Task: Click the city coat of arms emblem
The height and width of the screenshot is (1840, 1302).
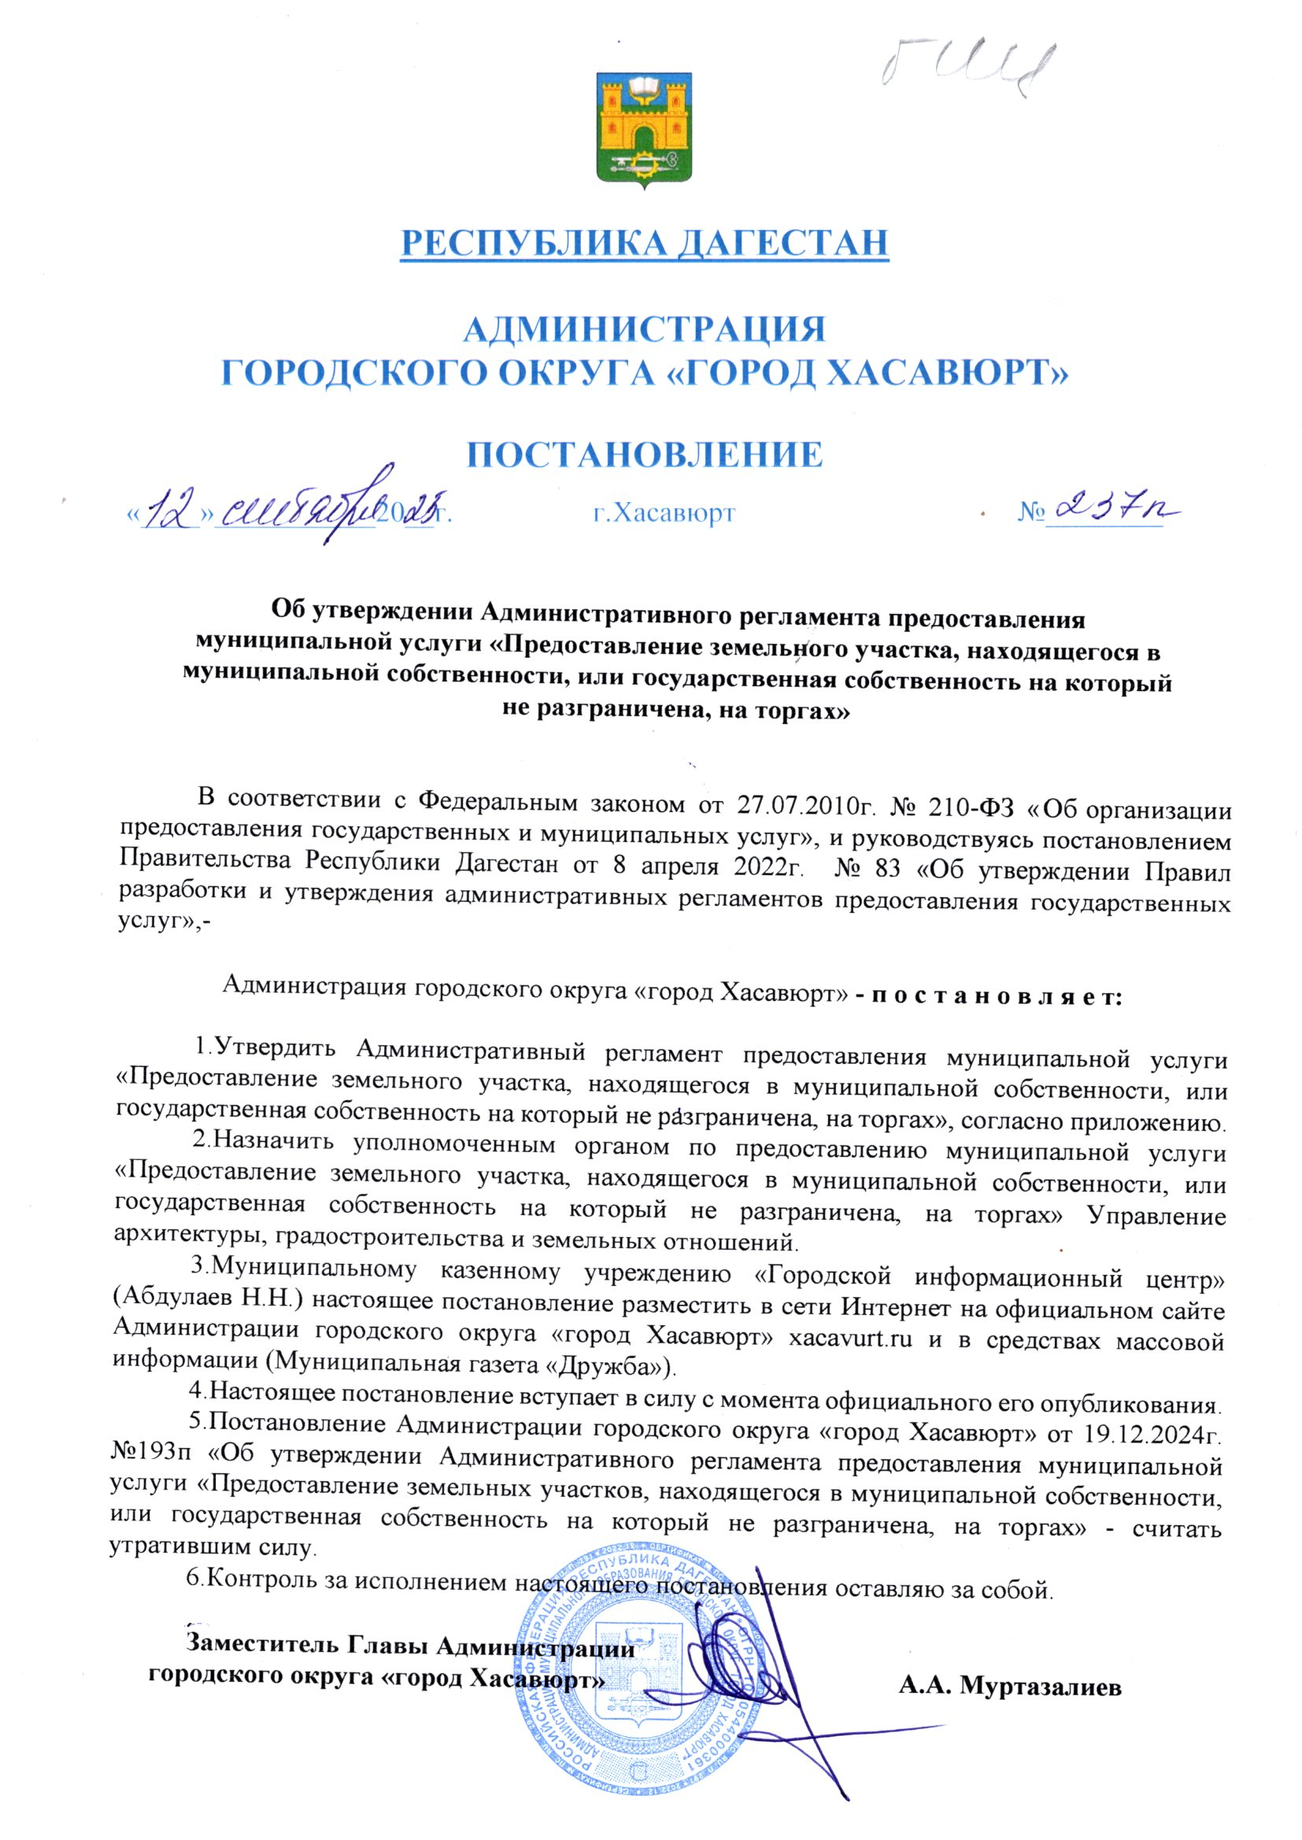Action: tap(645, 131)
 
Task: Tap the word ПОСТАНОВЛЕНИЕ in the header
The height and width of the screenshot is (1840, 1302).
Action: tap(645, 455)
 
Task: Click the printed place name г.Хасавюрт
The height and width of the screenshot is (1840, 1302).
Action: tap(663, 513)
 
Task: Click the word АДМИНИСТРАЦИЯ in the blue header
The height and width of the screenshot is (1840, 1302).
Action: tap(645, 330)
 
